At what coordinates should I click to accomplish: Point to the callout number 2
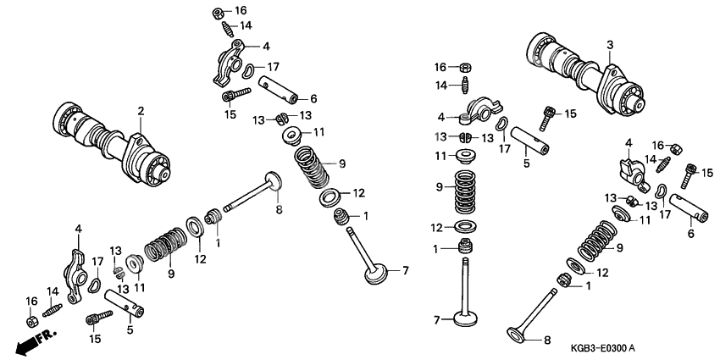coord(141,111)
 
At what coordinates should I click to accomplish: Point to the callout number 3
coord(608,44)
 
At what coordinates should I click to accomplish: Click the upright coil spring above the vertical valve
coord(463,193)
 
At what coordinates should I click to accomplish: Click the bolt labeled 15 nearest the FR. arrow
coord(98,318)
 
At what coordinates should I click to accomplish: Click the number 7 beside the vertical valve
coord(437,320)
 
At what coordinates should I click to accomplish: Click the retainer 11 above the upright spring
coord(463,156)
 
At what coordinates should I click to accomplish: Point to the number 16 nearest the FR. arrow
coord(30,302)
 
